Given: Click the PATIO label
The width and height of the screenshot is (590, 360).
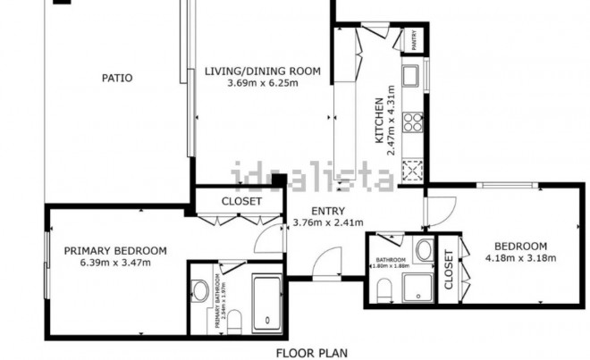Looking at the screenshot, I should click(x=116, y=78).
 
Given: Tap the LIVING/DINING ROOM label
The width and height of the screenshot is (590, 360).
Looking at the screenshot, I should click(x=262, y=71).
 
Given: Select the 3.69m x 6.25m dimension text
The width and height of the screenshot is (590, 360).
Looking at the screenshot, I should click(x=262, y=83).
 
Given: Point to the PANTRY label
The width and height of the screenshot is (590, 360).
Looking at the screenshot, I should click(x=414, y=39).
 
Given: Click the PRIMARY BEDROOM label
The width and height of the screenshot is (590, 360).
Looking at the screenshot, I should click(x=115, y=250).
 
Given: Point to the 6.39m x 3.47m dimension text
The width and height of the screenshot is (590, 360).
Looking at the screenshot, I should click(x=115, y=262).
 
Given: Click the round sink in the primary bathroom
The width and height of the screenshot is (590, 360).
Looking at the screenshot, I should click(x=198, y=289).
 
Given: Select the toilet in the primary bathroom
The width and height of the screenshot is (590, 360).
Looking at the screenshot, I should click(x=234, y=322).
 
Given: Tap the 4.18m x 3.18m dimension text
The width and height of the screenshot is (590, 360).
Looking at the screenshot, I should click(x=521, y=258).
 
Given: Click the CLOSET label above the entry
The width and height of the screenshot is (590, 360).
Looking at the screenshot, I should click(x=241, y=201).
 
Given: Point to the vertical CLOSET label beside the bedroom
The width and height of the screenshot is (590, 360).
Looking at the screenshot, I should click(x=449, y=270).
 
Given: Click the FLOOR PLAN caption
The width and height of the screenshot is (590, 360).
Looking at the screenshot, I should click(x=311, y=353).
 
